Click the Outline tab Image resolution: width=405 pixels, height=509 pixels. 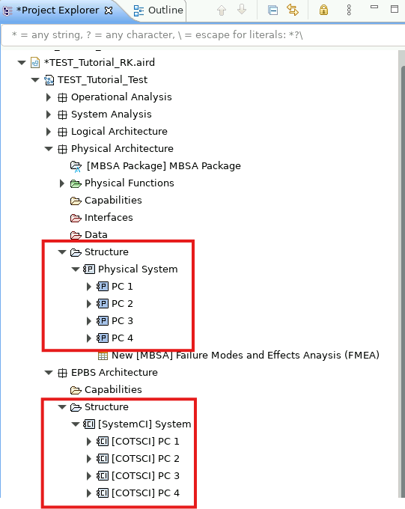tap(159, 10)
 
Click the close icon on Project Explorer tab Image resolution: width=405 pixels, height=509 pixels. tap(109, 10)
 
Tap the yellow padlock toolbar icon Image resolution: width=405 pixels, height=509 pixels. tap(323, 10)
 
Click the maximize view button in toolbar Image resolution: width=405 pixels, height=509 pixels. tap(395, 9)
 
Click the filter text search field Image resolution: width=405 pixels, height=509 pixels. tap(203, 34)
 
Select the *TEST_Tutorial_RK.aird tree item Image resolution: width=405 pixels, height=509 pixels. tap(100, 62)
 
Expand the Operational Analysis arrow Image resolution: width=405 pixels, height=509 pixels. tap(49, 97)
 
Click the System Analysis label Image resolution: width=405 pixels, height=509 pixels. tap(112, 115)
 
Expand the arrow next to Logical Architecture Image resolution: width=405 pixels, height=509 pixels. tap(49, 132)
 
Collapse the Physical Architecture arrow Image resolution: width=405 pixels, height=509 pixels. tap(49, 149)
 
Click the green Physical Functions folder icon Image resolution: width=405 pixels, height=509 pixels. tap(76, 183)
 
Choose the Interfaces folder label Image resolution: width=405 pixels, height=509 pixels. tap(109, 218)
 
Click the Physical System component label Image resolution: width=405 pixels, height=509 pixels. tap(138, 269)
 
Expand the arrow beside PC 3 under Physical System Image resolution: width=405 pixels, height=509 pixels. tap(88, 321)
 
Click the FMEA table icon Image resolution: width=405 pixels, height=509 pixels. tap(103, 356)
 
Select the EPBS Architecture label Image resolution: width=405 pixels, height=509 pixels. tap(115, 372)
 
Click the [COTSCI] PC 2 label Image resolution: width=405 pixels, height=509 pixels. tap(145, 459)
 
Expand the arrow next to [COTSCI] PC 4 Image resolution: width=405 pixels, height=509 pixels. tap(88, 493)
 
